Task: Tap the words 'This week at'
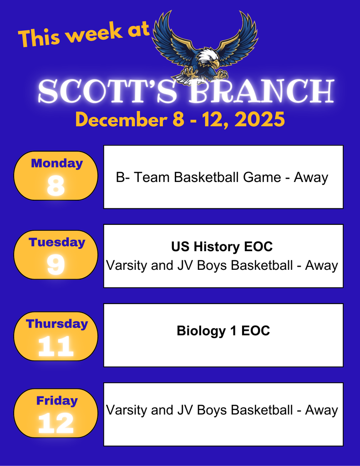pos(84,34)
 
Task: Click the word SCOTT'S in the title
pos(107,92)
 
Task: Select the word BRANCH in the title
pos(262,92)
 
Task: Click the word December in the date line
pos(122,120)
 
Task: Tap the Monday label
pos(56,163)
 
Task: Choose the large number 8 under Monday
pos(56,186)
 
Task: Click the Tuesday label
pos(57,242)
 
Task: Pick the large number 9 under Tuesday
pos(56,264)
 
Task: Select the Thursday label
pos(57,324)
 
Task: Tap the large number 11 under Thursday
pos(56,347)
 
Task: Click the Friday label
pos(57,401)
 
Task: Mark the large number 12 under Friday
pos(56,424)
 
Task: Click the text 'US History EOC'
pos(222,247)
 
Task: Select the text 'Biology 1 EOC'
pos(223,331)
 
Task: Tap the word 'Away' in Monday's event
pos(311,177)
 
